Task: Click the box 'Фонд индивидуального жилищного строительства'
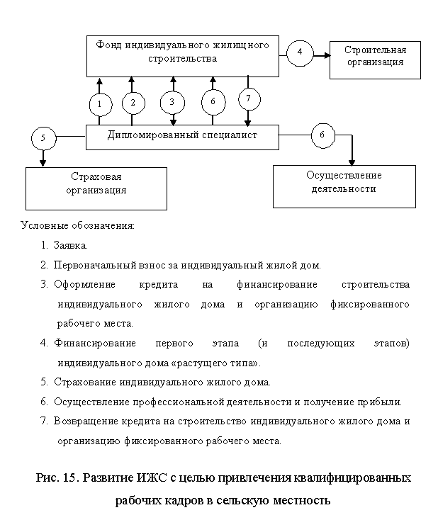182,55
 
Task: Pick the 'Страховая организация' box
96,188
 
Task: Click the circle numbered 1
101,105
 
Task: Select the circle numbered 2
133,103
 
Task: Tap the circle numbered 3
172,103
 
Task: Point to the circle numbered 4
301,52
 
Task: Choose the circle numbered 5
43,139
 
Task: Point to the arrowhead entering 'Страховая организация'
43,164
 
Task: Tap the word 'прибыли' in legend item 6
383,402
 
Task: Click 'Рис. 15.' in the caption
58,477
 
